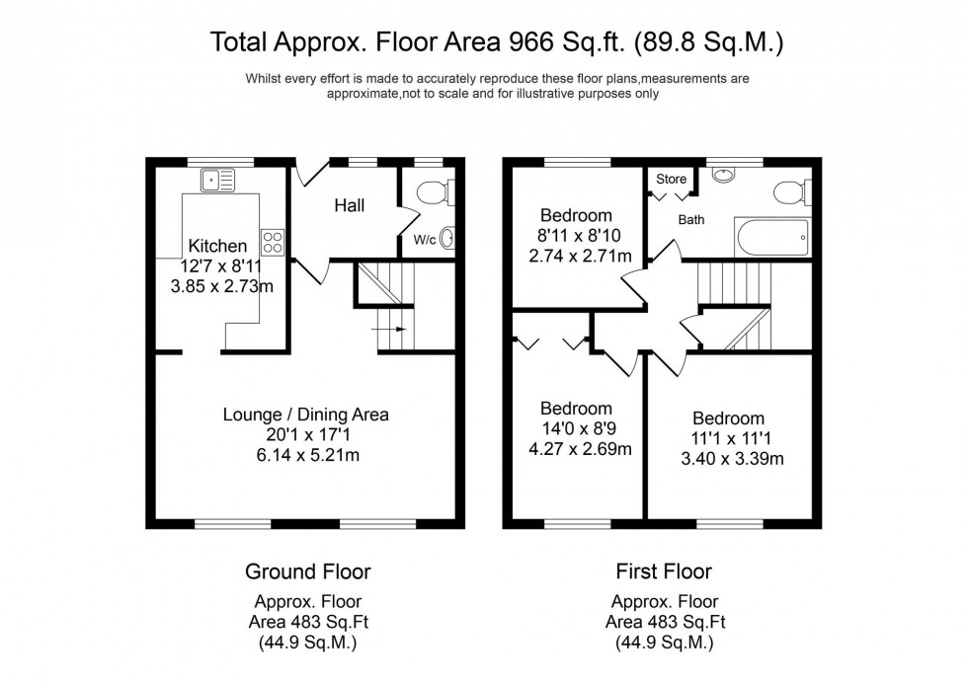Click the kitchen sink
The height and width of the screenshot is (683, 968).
tap(216, 180)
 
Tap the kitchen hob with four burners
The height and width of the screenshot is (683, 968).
tap(273, 242)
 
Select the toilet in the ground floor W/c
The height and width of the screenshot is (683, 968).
tap(436, 191)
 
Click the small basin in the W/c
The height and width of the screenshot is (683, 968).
tap(445, 238)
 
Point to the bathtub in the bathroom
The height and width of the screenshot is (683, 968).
tap(772, 236)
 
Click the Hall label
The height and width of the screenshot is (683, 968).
tap(349, 205)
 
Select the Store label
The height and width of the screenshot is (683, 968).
tap(671, 180)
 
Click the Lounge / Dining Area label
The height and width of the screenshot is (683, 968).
tap(304, 415)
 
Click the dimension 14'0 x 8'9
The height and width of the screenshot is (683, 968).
tap(577, 429)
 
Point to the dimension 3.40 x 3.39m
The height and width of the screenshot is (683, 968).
tap(728, 458)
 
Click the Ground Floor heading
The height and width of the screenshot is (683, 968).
tap(307, 571)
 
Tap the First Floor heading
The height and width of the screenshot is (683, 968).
tap(664, 571)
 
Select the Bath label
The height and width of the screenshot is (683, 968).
tap(690, 220)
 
